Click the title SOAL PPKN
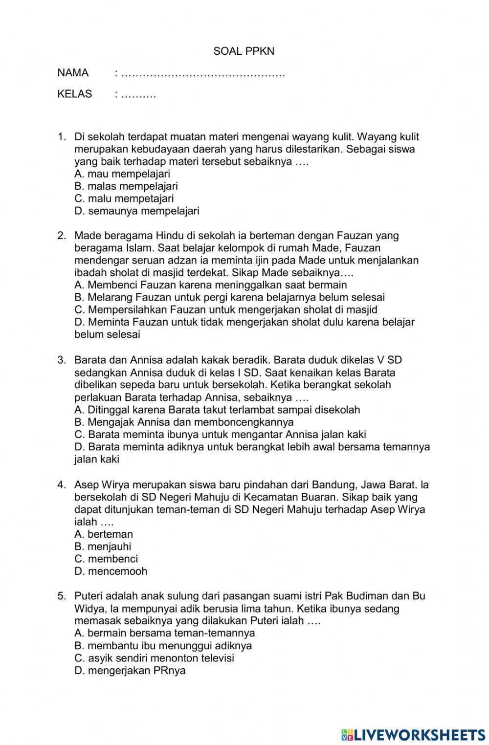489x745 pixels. click(x=244, y=51)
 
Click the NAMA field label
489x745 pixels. click(x=73, y=73)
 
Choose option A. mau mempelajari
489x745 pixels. click(x=122, y=174)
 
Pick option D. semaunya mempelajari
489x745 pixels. click(x=137, y=211)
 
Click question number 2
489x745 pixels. click(x=62, y=236)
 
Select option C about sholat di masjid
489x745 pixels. click(x=226, y=309)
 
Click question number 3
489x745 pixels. click(x=62, y=360)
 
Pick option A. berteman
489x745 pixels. click(x=104, y=534)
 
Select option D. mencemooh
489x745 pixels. click(x=111, y=571)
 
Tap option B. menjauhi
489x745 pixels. click(x=103, y=547)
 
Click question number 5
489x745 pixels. click(x=62, y=596)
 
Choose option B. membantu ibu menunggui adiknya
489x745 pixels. click(x=163, y=646)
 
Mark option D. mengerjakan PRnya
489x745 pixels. click(x=130, y=671)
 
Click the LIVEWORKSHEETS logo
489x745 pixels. click(x=413, y=735)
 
